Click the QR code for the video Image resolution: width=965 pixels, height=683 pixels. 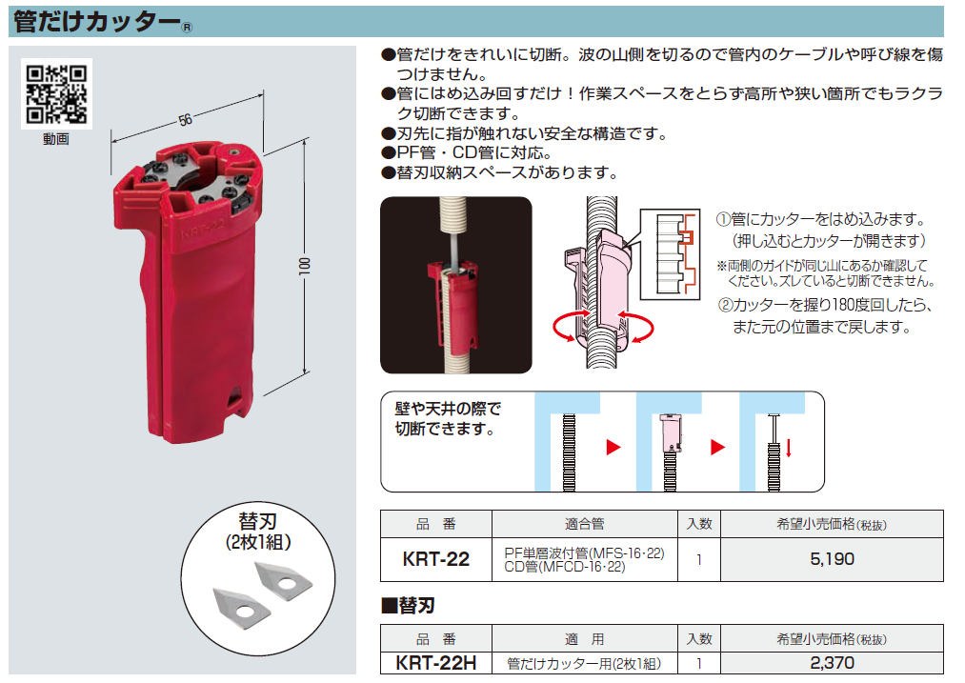click(x=56, y=93)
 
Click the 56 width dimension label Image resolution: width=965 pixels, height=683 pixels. click(x=185, y=119)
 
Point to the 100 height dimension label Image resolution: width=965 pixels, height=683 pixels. click(x=305, y=266)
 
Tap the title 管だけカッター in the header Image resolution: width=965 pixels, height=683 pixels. click(x=97, y=22)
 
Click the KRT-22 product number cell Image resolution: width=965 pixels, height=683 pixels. click(x=435, y=559)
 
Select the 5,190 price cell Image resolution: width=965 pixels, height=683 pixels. click(x=832, y=559)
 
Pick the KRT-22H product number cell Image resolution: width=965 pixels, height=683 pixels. click(x=435, y=663)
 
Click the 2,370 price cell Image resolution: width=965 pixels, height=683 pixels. click(x=832, y=663)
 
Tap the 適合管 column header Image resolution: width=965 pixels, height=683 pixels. click(x=584, y=524)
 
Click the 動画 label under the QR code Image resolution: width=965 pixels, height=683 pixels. click(x=56, y=139)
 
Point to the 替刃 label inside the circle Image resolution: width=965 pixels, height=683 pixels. click(x=258, y=522)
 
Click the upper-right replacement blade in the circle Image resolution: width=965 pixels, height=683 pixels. click(x=284, y=580)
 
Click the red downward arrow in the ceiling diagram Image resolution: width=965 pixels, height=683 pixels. click(x=789, y=448)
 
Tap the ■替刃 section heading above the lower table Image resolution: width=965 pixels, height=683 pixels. click(x=408, y=606)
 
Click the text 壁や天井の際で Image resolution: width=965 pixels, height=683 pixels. click(x=448, y=408)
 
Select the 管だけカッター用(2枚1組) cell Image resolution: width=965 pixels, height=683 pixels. click(x=584, y=663)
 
